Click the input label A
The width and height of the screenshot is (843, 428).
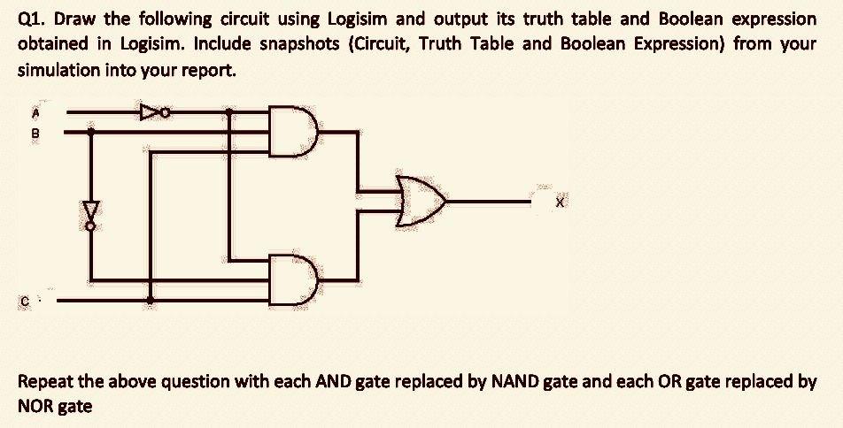tap(37, 112)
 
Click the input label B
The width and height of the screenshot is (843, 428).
tap(37, 134)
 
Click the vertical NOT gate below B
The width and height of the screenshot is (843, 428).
tap(89, 212)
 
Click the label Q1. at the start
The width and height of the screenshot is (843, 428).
tap(33, 19)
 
